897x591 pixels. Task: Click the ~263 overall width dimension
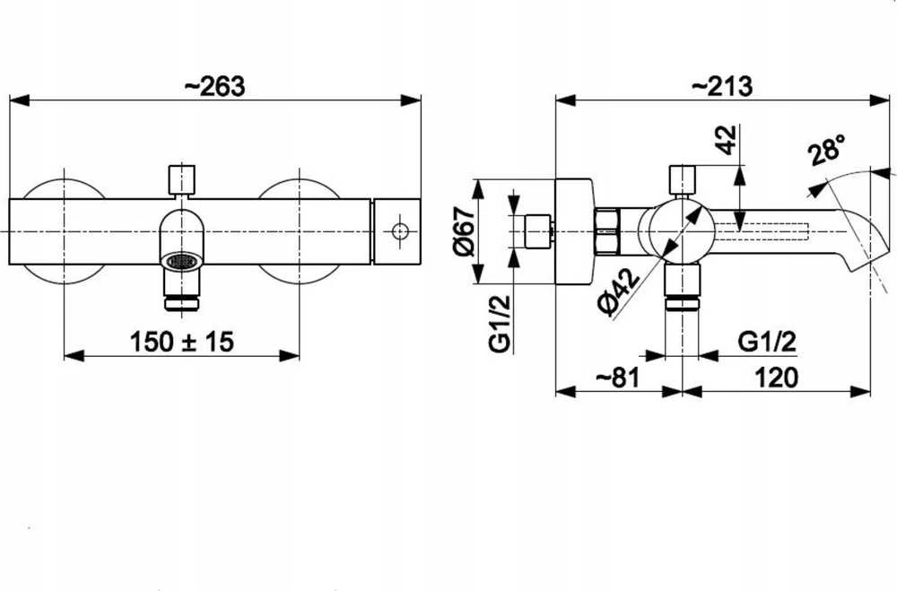(215, 86)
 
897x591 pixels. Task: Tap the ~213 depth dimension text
(722, 86)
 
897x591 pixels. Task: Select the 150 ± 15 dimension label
(182, 342)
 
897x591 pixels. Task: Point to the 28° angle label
(827, 149)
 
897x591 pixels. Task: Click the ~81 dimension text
(618, 378)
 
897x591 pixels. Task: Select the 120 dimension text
(776, 378)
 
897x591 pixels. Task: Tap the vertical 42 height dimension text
(727, 139)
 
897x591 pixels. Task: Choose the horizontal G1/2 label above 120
(767, 342)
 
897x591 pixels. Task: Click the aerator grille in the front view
(182, 261)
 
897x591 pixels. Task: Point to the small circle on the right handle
(400, 231)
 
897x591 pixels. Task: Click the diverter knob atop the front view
(182, 179)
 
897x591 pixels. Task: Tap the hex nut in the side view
(607, 231)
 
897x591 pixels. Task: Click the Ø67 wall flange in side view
(574, 231)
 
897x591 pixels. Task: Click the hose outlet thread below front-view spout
(182, 302)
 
